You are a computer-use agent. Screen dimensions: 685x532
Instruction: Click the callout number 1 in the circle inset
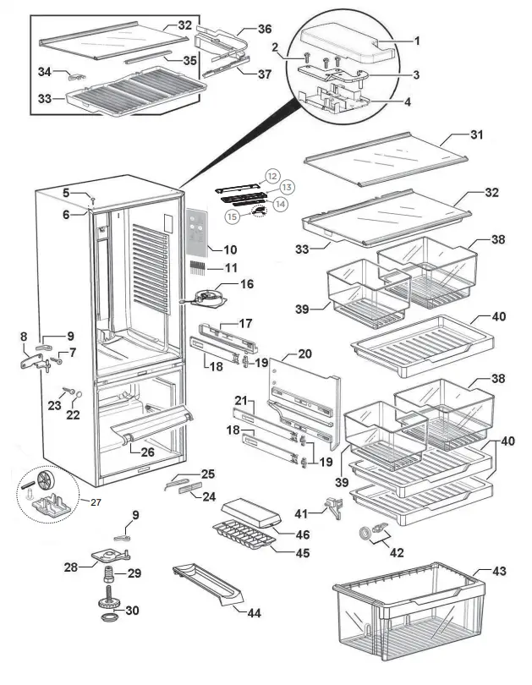pyautogui.click(x=415, y=41)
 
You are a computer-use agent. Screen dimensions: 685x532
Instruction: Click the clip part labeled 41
pyautogui.click(x=334, y=509)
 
